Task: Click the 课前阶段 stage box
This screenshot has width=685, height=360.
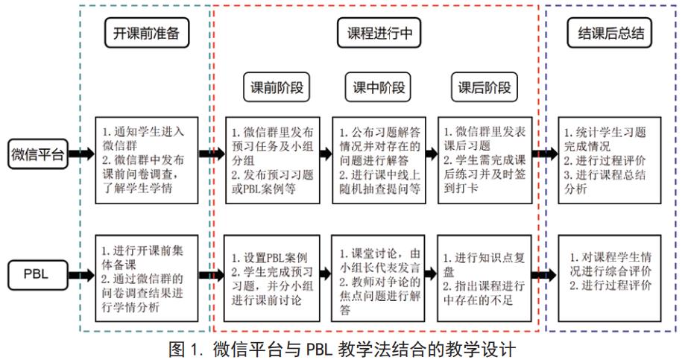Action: tap(276, 87)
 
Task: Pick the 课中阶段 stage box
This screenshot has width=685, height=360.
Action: tap(380, 87)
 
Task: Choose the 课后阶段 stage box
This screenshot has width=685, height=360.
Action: tap(484, 87)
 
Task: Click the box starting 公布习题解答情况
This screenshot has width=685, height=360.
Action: tap(379, 159)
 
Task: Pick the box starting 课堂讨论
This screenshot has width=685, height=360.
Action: tap(379, 275)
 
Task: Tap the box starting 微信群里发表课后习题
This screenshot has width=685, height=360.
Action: tap(484, 159)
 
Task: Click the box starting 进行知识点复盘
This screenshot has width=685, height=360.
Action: tap(484, 275)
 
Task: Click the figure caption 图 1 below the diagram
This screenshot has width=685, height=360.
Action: tap(342, 349)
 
